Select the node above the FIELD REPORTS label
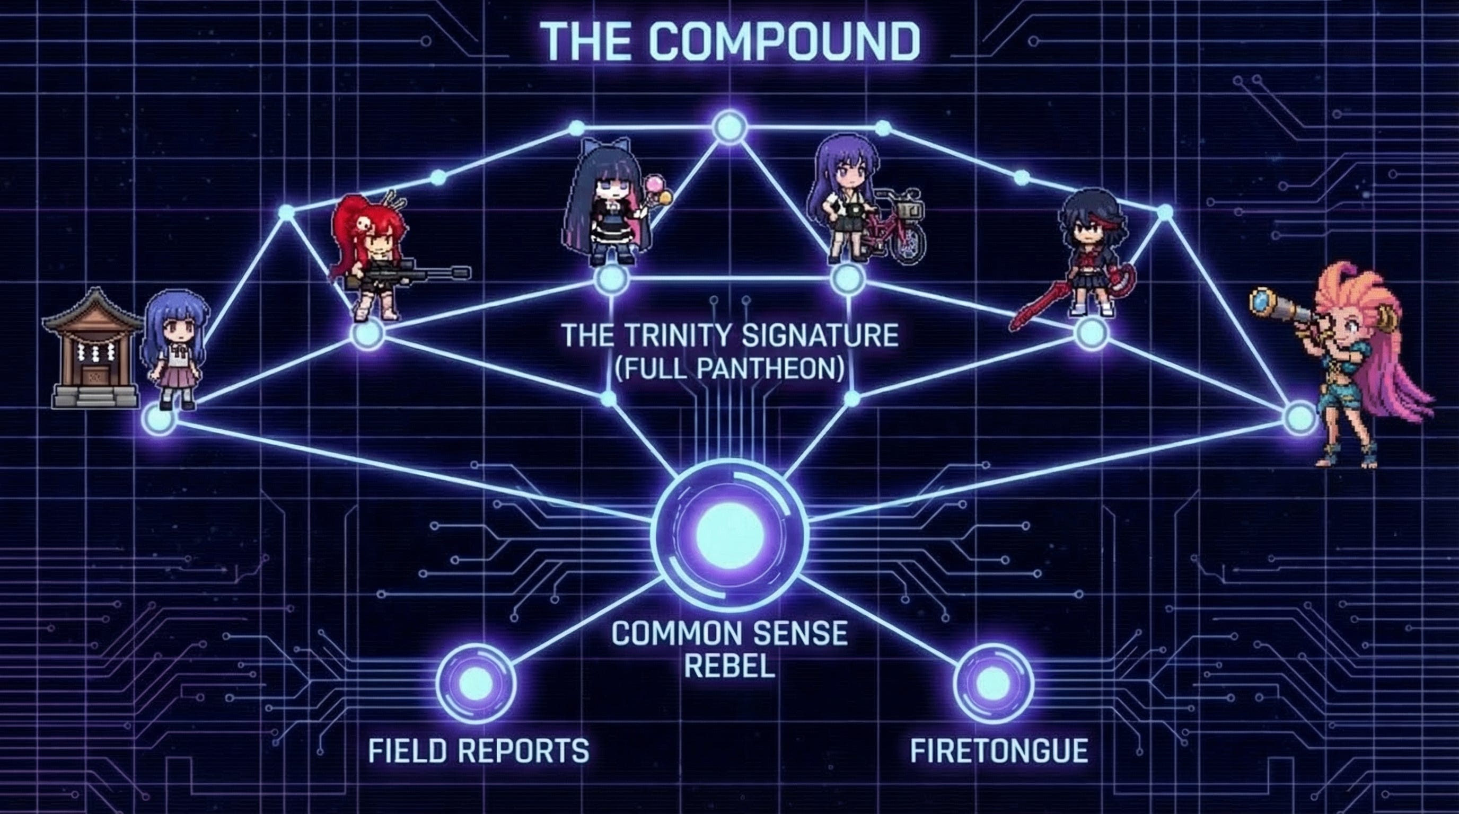[x=476, y=684]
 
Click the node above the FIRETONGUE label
[x=994, y=684]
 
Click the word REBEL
[x=729, y=666]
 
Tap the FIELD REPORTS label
[x=479, y=751]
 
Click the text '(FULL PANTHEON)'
[x=729, y=369]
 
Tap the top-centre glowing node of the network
[x=729, y=127]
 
